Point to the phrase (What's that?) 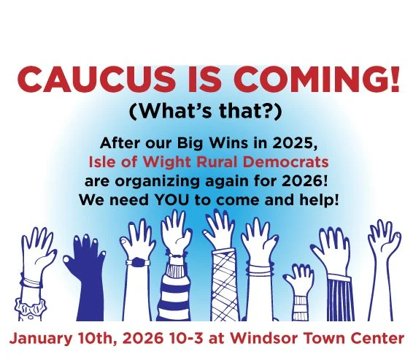point(206,113)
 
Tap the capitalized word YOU point(186,199)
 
